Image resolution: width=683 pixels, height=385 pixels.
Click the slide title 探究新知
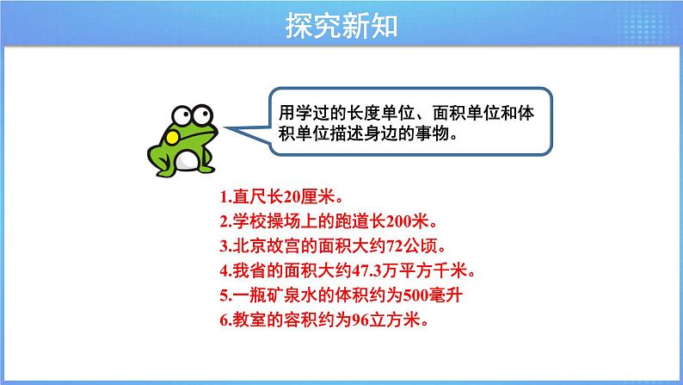341,26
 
